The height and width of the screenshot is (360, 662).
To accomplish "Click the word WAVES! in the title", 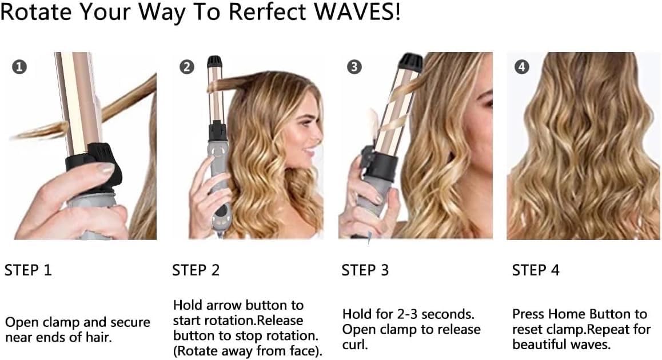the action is [357, 11].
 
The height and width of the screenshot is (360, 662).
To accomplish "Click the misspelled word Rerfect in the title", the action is [265, 11].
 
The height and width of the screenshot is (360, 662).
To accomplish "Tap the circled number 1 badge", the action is [19, 67].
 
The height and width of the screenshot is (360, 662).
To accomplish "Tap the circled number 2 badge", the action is [186, 67].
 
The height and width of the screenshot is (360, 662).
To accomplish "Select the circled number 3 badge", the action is [354, 67].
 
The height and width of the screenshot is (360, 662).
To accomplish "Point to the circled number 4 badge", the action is [522, 67].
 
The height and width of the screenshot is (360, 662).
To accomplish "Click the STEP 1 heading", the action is [28, 270].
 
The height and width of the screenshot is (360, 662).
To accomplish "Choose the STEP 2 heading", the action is [196, 270].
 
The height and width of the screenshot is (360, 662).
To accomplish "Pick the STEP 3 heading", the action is [365, 270].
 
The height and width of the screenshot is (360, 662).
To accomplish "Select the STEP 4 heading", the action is [535, 270].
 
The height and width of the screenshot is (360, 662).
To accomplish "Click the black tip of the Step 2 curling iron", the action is [215, 62].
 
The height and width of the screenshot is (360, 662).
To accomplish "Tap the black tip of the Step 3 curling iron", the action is [410, 62].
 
